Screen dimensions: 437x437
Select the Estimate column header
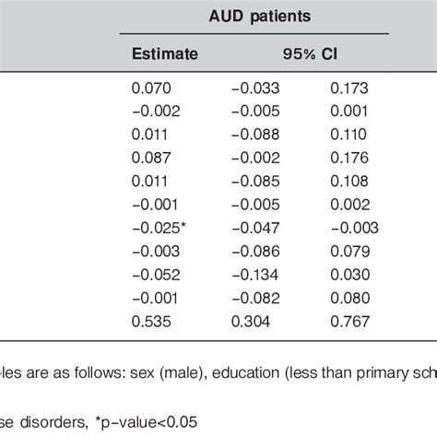coord(166,53)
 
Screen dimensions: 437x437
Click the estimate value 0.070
coord(153,89)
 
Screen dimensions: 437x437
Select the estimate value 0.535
coord(153,320)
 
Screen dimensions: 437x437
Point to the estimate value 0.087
coord(153,158)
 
